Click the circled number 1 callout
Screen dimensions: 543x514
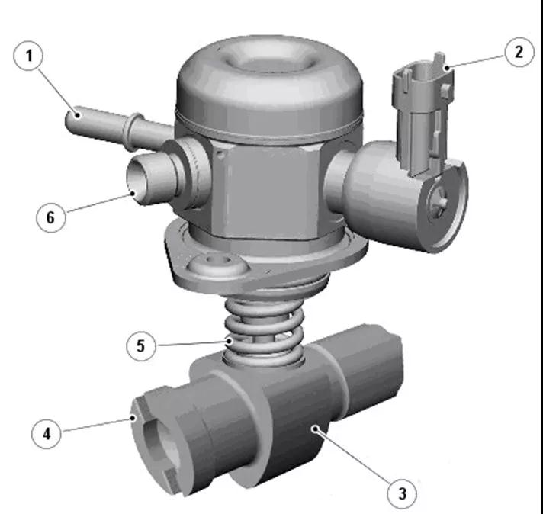pyautogui.click(x=28, y=56)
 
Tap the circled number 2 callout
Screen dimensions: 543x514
pyautogui.click(x=519, y=52)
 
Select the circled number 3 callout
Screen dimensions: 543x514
pyautogui.click(x=402, y=493)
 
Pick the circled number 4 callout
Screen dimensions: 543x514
pyautogui.click(x=46, y=433)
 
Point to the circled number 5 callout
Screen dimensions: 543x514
pyautogui.click(x=140, y=345)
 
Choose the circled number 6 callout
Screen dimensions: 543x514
pyautogui.click(x=51, y=217)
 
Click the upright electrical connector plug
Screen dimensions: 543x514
pyautogui.click(x=423, y=114)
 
